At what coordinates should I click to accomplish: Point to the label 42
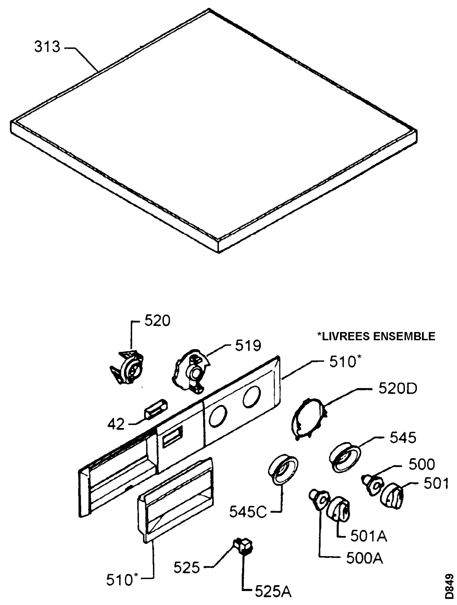(x=116, y=424)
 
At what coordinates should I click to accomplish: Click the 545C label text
(x=248, y=512)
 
